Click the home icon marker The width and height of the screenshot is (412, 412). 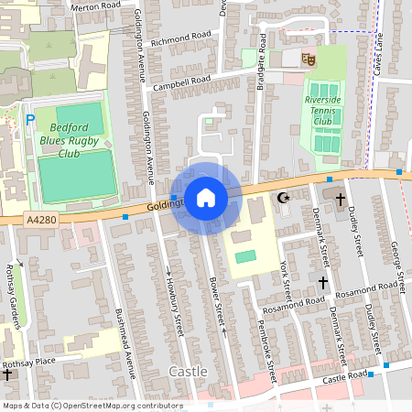[206, 197]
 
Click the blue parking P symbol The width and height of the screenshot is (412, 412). [30, 119]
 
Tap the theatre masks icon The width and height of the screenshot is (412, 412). [309, 59]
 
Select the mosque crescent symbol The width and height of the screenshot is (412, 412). [283, 198]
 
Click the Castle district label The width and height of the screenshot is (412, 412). [189, 372]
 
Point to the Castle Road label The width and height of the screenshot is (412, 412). [344, 376]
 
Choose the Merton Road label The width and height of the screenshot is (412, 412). [96, 5]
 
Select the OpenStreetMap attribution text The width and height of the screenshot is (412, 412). [92, 406]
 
